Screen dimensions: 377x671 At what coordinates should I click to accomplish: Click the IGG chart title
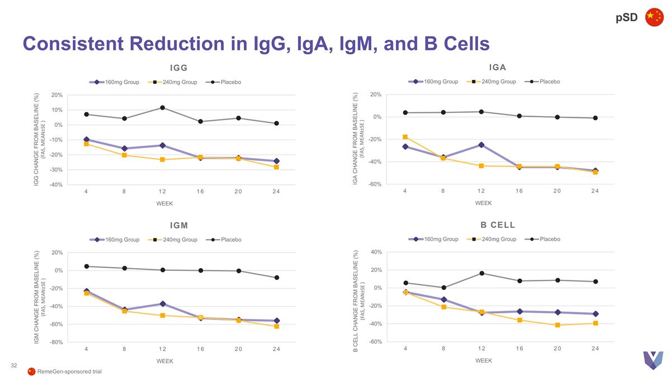pyautogui.click(x=178, y=68)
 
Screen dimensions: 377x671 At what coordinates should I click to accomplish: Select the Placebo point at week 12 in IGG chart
pyautogui.click(x=162, y=108)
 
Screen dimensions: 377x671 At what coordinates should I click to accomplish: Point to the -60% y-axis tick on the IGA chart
pyautogui.click(x=374, y=184)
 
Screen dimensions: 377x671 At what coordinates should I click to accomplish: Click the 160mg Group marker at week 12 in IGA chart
pyautogui.click(x=481, y=145)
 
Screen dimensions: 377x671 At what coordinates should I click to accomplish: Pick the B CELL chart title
pyautogui.click(x=498, y=225)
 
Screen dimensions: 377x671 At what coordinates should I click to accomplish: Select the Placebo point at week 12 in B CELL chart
pyautogui.click(x=481, y=273)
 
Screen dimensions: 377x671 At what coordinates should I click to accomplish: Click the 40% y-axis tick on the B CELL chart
pyautogui.click(x=375, y=252)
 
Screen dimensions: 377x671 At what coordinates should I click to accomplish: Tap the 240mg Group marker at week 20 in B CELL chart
pyautogui.click(x=557, y=325)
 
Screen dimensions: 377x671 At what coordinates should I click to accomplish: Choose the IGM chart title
pyautogui.click(x=179, y=226)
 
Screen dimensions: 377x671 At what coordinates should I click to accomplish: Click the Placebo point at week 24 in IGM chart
pyautogui.click(x=277, y=278)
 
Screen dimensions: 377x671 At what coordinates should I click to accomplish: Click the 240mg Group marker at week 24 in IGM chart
pyautogui.click(x=277, y=327)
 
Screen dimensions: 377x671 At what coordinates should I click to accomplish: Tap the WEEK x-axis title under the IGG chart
pyautogui.click(x=164, y=203)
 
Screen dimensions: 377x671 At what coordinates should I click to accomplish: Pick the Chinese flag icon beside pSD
pyautogui.click(x=654, y=17)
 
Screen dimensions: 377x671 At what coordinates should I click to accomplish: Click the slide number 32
pyautogui.click(x=15, y=365)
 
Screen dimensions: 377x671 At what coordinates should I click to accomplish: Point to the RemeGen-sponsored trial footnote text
pyautogui.click(x=69, y=372)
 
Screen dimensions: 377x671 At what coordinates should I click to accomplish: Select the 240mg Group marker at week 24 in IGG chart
pyautogui.click(x=276, y=167)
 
